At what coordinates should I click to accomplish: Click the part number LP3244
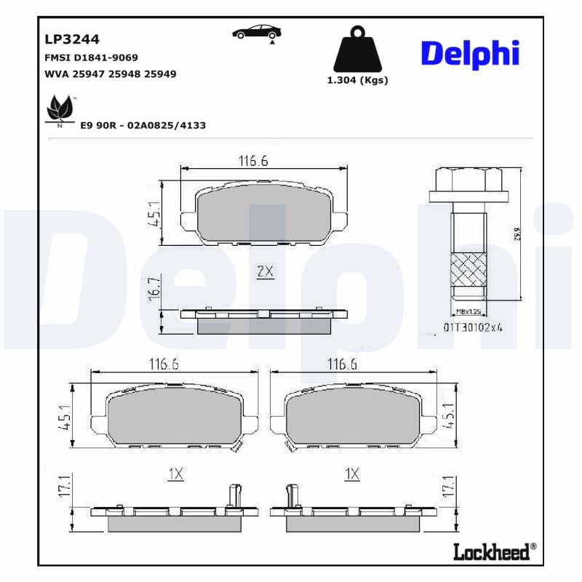pos(72,39)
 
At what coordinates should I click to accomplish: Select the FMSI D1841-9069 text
pos(92,57)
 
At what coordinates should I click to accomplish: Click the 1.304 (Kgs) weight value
pos(356,81)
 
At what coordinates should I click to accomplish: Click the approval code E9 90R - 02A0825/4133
pos(143,126)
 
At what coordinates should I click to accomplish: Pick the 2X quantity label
pos(264,272)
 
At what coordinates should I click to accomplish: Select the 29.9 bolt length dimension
pos(517,234)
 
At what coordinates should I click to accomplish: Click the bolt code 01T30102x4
pos(474,327)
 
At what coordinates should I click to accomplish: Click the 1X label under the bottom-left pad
pos(175,474)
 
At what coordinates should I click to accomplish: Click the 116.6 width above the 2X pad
pos(254,161)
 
